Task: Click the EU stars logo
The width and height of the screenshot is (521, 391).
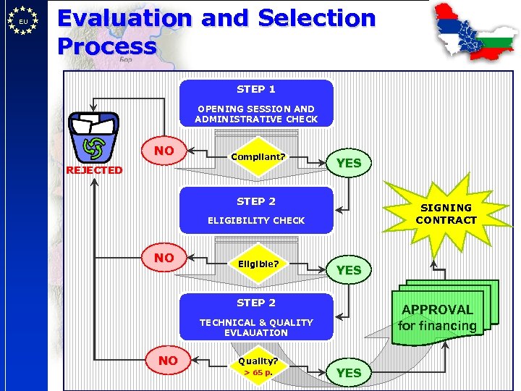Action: click(24, 21)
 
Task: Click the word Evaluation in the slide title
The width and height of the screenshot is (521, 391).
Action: click(126, 18)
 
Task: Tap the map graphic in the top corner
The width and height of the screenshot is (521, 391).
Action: click(474, 33)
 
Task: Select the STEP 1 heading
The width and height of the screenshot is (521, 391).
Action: click(256, 89)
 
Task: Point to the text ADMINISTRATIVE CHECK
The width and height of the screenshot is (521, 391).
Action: click(256, 119)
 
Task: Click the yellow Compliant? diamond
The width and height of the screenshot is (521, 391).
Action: click(258, 156)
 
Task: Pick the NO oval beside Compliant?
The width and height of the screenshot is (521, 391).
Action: click(164, 151)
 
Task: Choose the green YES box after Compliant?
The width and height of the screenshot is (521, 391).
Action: click(349, 163)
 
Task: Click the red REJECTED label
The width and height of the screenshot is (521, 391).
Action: click(94, 170)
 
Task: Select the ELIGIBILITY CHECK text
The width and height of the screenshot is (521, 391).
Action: click(256, 220)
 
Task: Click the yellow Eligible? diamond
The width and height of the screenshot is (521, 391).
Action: click(258, 264)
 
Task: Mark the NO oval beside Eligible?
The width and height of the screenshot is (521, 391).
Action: click(164, 258)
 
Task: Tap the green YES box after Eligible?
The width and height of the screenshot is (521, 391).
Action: click(349, 269)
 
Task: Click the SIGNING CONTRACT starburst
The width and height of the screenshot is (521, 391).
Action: click(446, 214)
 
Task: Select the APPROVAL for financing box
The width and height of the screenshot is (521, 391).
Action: click(438, 317)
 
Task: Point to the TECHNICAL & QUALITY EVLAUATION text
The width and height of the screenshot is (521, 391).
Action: click(256, 327)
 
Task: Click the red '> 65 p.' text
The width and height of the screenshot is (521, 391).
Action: click(258, 372)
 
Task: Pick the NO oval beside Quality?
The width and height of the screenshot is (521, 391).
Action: click(168, 360)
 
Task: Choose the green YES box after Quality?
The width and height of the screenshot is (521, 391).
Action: click(349, 372)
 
